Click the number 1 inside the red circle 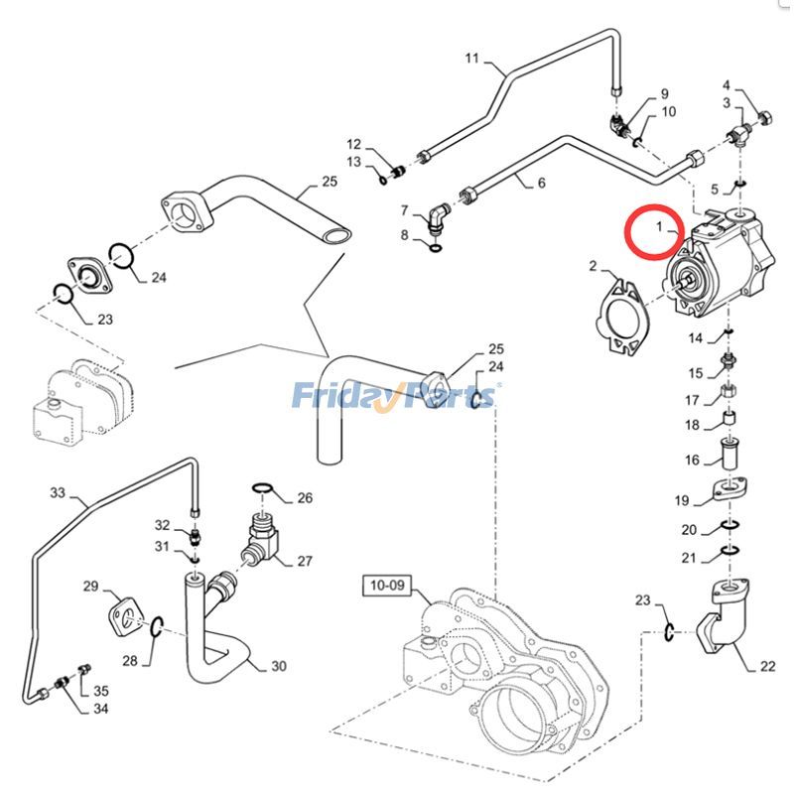coord(657,227)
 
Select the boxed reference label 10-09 coord(386,586)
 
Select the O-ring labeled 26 coord(261,488)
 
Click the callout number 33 coord(57,491)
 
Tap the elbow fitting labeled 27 coord(259,544)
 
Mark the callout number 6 coord(541,183)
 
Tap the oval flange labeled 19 coord(730,489)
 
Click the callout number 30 coord(279,666)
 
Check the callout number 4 coord(727,85)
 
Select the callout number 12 coord(354,145)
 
